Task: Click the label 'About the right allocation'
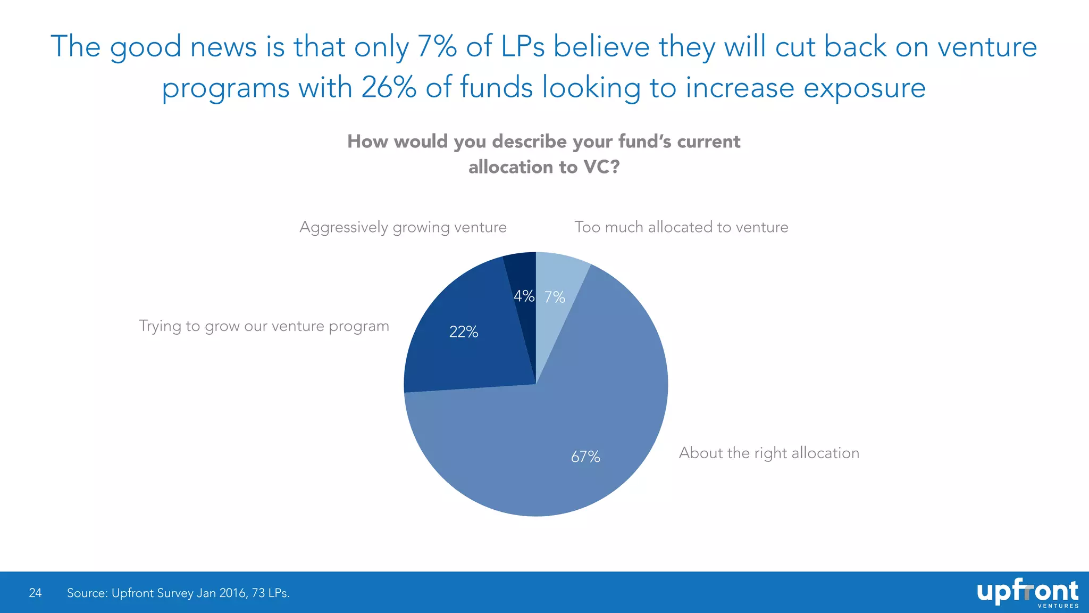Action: click(x=769, y=453)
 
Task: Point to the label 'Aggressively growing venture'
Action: click(x=403, y=228)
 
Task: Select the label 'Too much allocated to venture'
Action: click(x=681, y=227)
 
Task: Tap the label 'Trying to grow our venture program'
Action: click(x=264, y=327)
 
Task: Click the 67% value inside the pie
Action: click(x=585, y=457)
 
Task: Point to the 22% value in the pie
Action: click(x=464, y=332)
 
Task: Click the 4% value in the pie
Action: click(x=524, y=296)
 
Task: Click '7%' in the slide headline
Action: click(x=437, y=46)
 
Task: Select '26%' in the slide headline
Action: click(x=389, y=87)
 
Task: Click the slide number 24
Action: click(x=35, y=593)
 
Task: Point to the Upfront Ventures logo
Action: click(x=1028, y=593)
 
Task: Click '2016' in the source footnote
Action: click(x=232, y=593)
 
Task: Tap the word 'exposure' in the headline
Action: click(x=865, y=88)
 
